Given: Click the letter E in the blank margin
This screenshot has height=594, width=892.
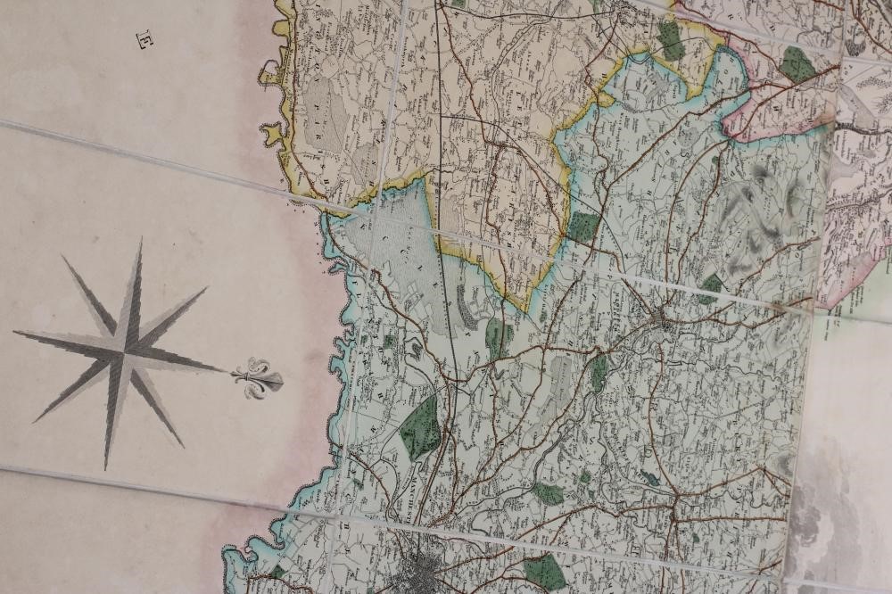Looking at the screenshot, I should click(144, 39).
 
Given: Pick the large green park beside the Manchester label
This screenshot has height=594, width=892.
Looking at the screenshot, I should click(420, 427).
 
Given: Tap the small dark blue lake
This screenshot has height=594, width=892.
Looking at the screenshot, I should click(649, 478).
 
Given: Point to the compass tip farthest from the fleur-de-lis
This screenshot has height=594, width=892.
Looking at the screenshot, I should click(14, 333).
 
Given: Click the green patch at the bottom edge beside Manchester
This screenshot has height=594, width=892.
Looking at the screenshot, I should click(544, 572).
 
